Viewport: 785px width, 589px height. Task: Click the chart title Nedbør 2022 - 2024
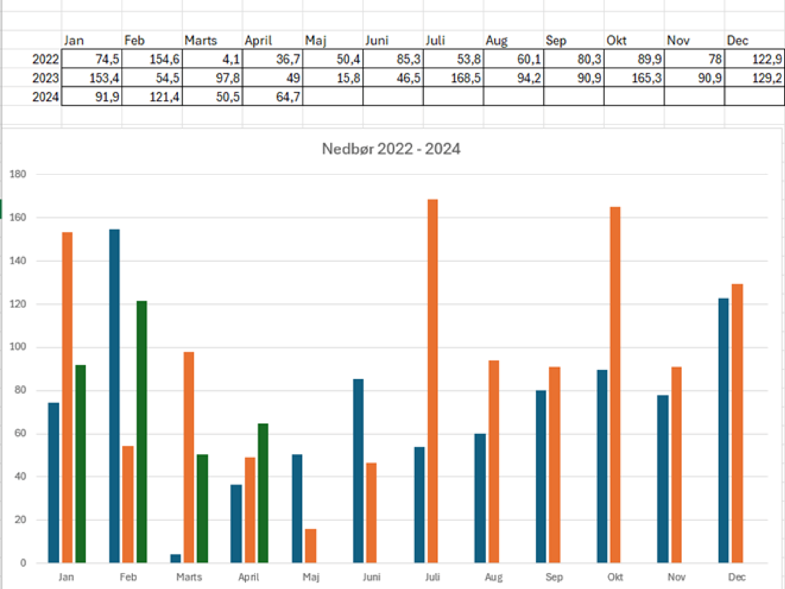click(x=391, y=149)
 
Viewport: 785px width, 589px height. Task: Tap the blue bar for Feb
click(x=114, y=396)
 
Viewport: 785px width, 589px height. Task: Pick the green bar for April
click(x=263, y=493)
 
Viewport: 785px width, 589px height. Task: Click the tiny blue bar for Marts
click(x=175, y=559)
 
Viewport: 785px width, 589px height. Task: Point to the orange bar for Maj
click(x=310, y=546)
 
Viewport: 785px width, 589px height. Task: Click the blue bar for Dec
click(x=723, y=430)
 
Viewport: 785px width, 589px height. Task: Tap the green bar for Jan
click(x=80, y=464)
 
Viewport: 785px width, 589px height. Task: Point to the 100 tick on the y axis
click(x=18, y=347)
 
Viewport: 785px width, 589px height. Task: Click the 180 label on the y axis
click(x=18, y=174)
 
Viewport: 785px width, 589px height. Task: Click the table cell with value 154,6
click(x=152, y=59)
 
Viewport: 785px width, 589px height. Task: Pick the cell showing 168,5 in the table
click(x=453, y=78)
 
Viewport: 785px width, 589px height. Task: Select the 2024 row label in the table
click(x=45, y=97)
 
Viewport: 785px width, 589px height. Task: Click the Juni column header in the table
click(x=377, y=41)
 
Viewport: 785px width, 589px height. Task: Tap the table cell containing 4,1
click(x=213, y=59)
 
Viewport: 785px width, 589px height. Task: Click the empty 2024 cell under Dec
click(x=754, y=97)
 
